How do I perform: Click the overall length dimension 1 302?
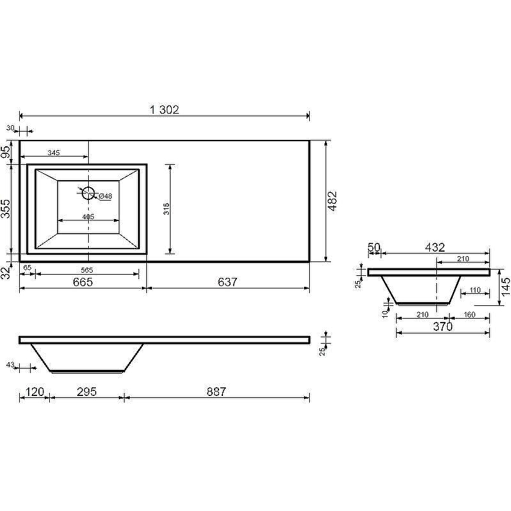[164, 110]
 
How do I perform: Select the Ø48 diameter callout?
[105, 196]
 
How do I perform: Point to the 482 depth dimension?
[332, 201]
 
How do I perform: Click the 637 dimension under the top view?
[227, 282]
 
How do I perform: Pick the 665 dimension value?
[83, 282]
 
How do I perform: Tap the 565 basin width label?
[87, 270]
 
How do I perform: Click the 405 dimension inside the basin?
[88, 217]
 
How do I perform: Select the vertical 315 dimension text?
[166, 209]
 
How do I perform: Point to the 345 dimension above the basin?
[54, 153]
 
